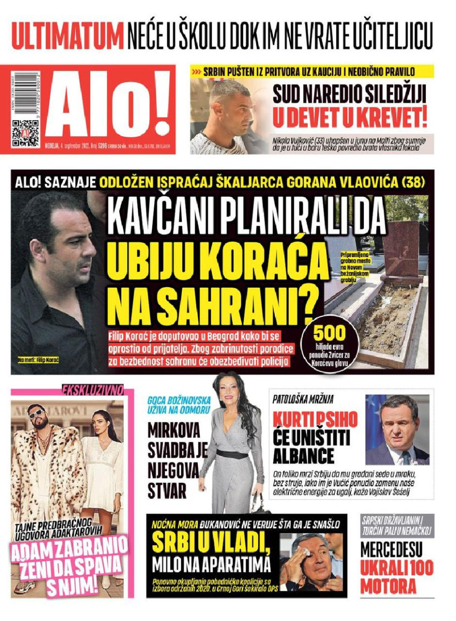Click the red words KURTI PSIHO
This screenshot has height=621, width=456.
(x=315, y=420)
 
